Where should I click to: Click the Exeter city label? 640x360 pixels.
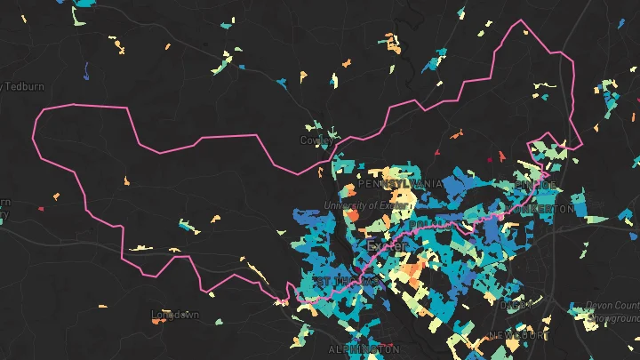[x=386, y=244]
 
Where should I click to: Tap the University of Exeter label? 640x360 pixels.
[x=366, y=205]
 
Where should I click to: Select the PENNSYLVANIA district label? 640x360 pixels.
[x=400, y=183]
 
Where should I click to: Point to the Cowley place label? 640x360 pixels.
[x=316, y=140]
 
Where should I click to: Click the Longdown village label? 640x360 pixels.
[x=175, y=315]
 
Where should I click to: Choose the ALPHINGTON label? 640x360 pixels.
[x=359, y=349]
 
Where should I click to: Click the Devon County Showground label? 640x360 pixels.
[x=612, y=311]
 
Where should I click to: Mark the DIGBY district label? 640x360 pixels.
[x=516, y=304]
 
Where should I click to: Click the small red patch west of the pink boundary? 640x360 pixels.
[x=40, y=209]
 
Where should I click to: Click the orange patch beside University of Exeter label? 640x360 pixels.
[x=352, y=215]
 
